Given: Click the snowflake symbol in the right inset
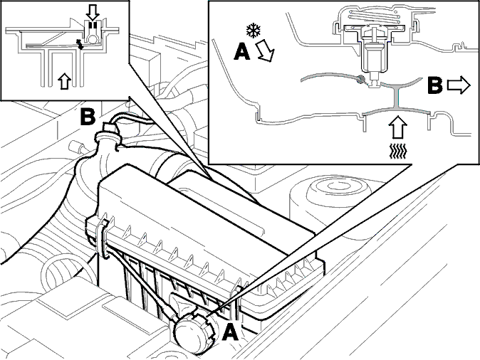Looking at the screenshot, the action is [254, 31].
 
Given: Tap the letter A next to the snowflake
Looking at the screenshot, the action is [242, 51].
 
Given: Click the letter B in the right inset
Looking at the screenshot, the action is [434, 85].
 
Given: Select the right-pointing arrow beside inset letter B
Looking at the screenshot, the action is [459, 85].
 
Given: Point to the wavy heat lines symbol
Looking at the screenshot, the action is [397, 152].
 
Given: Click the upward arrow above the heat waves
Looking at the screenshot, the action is [397, 127].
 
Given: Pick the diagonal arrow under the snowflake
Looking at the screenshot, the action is [265, 51].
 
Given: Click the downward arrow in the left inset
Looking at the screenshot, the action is [93, 12].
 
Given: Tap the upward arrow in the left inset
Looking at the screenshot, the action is [64, 81].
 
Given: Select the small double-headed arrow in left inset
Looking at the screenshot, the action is [80, 44].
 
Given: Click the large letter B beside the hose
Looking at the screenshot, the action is [88, 117].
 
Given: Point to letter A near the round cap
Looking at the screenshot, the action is [230, 332].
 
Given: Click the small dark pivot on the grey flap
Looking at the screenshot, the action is [361, 79].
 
